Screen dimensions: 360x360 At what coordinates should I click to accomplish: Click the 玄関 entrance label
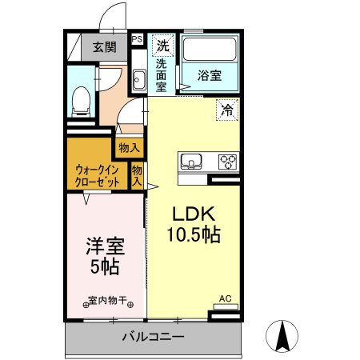[104, 46]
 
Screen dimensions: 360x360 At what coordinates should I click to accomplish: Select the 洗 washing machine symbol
[163, 44]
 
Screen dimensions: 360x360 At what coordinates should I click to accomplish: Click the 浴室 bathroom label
[210, 76]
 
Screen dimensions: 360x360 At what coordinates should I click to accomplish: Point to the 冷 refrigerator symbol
[227, 110]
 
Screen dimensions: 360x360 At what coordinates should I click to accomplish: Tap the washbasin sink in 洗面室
[138, 80]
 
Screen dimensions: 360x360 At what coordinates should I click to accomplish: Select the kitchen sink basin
[191, 162]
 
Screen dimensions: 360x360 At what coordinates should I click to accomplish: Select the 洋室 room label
[104, 246]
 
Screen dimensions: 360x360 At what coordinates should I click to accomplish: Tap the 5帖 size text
[104, 266]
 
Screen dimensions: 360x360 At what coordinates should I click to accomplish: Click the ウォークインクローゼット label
[98, 176]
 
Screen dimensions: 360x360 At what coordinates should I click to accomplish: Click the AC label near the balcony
[225, 299]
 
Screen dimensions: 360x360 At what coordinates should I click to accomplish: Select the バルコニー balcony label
[153, 337]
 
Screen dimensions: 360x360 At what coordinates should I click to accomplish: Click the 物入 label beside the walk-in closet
[138, 175]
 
